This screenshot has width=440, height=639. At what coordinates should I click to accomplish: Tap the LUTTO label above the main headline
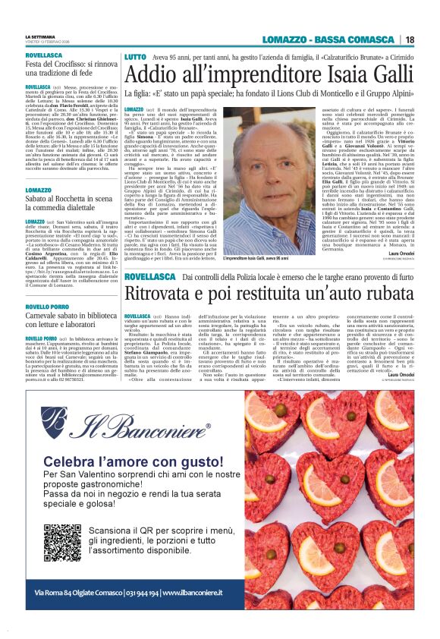pos(135,58)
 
